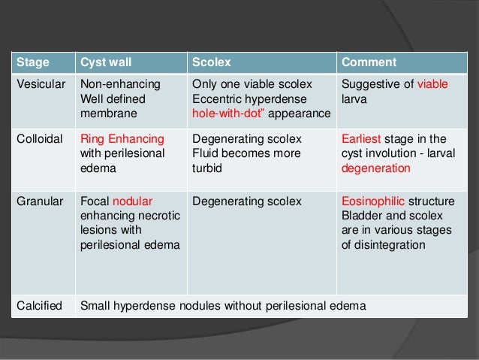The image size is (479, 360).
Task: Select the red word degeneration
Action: click(x=376, y=168)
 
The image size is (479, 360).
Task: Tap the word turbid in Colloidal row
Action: click(x=207, y=168)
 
